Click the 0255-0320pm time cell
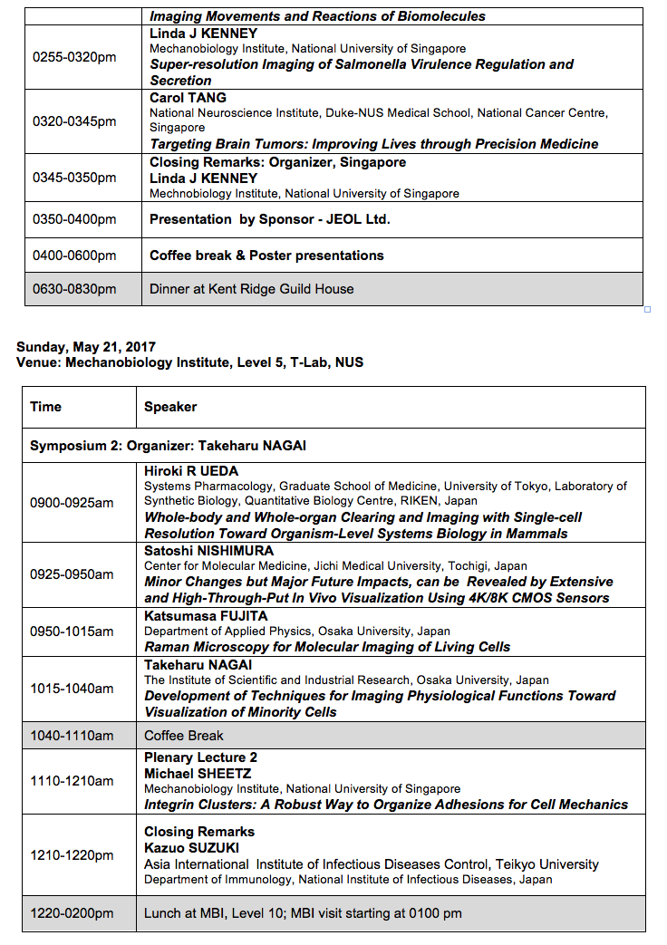tap(74, 56)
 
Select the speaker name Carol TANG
tap(188, 98)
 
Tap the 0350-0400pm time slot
tap(74, 219)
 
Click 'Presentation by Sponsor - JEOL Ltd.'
tap(269, 219)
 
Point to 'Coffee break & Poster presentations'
tap(266, 256)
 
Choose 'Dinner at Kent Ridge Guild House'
tap(251, 289)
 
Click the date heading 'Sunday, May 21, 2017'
tap(86, 347)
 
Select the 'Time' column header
tap(45, 407)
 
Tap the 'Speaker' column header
tap(170, 407)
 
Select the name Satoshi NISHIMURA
tap(208, 551)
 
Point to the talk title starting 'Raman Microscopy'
tap(327, 647)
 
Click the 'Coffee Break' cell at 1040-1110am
tap(183, 736)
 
